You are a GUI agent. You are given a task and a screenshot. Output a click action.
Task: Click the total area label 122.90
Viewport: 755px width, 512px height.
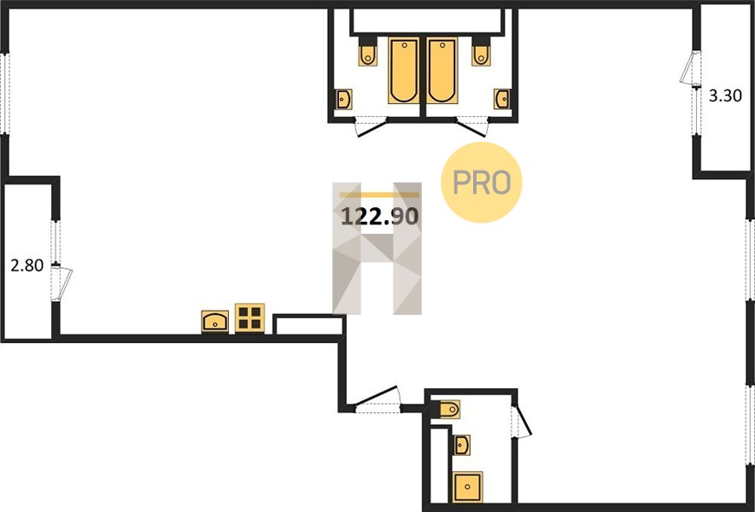coord(379,217)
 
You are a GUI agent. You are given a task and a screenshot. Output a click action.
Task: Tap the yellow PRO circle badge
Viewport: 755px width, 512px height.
coord(482,183)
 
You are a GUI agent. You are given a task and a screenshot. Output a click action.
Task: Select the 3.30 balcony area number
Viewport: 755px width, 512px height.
coord(725,96)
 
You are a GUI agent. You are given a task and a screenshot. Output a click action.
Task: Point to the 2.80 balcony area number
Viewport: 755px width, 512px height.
coord(27,265)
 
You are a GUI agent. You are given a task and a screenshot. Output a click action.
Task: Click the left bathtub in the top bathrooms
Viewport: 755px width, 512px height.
coord(404,71)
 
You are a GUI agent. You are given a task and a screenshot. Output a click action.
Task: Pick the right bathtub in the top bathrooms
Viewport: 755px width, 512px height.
coord(442,71)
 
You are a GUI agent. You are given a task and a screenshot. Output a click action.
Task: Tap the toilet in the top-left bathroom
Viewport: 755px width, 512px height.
coord(367,52)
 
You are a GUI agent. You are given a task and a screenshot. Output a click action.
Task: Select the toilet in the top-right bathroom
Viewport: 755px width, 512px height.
coord(481,52)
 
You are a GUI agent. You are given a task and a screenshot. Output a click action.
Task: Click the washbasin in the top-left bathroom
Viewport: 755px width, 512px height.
coord(344,99)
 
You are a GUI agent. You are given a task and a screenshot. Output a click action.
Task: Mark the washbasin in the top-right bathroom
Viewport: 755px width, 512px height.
coord(502,99)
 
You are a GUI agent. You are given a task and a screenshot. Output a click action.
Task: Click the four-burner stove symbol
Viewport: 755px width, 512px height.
coord(250,318)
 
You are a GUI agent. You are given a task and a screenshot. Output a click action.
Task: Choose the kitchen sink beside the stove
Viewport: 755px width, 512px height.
coord(214,322)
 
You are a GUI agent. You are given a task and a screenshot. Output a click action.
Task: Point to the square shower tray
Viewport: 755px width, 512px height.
coord(467,487)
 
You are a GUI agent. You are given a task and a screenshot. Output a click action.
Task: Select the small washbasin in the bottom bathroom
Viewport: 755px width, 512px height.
coord(462,445)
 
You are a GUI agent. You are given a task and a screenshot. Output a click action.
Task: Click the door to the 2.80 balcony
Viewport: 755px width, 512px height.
coord(61,284)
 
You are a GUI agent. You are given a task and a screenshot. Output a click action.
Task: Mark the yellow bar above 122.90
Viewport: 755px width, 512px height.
coord(379,195)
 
